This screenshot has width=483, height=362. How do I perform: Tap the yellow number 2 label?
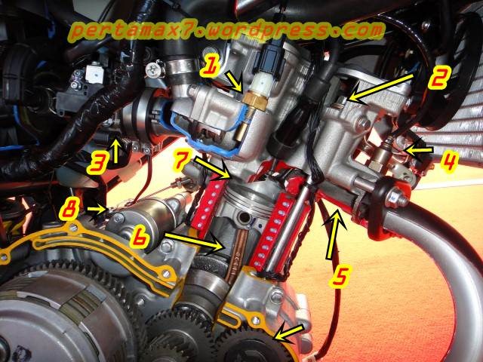[x=439, y=77]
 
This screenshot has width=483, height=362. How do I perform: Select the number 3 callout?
[x=99, y=164]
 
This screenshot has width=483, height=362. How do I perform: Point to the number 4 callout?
[x=449, y=161]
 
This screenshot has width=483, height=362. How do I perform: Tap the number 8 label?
[x=69, y=210]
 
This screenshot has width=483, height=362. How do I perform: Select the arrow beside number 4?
[x=418, y=150]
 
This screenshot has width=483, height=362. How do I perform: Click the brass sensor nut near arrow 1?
[x=254, y=100]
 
